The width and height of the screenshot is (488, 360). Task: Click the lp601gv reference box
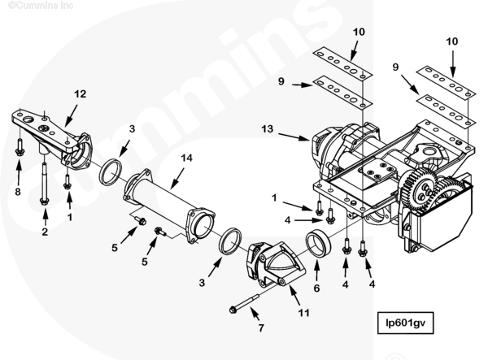point(405,323)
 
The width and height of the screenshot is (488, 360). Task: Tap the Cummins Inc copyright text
point(41,6)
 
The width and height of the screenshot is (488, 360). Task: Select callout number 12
point(80,94)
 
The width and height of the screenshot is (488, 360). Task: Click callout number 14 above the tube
point(186,158)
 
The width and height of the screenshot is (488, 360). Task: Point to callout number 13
point(268,128)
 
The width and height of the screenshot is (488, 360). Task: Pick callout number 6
point(316,288)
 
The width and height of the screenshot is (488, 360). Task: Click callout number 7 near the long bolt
point(261,327)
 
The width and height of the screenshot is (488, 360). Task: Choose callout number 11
point(303,312)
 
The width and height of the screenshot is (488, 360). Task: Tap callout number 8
point(18,192)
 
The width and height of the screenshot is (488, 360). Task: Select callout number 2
point(45,232)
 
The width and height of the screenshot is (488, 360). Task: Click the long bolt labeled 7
point(244,303)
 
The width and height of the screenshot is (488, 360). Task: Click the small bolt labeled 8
point(20,147)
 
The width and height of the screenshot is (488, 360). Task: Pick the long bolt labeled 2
point(44,184)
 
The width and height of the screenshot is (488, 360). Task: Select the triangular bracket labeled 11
point(276,264)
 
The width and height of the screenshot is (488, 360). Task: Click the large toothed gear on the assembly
point(419,187)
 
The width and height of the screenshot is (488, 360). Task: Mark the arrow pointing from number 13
point(294,137)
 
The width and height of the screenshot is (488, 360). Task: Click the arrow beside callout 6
point(316,271)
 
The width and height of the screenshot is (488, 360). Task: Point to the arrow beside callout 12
point(71,116)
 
